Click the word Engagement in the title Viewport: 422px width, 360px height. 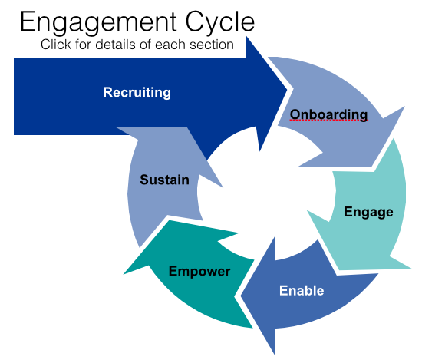pyautogui.click(x=98, y=23)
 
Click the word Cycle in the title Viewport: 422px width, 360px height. pyautogui.click(x=220, y=23)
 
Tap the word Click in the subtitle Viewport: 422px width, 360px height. pyautogui.click(x=56, y=45)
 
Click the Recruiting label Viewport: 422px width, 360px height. pyautogui.click(x=137, y=92)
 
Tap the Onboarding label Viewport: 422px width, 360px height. pyautogui.click(x=328, y=114)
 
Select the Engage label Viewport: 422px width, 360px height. pyautogui.click(x=368, y=212)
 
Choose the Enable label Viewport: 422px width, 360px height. pyautogui.click(x=302, y=290)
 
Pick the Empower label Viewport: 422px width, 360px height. pyautogui.click(x=199, y=272)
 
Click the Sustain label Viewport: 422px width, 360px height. pyautogui.click(x=164, y=180)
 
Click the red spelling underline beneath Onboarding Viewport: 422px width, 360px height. pyautogui.click(x=328, y=121)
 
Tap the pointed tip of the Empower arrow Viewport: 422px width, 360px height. pyautogui.click(x=124, y=274)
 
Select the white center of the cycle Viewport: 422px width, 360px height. pyautogui.click(x=265, y=193)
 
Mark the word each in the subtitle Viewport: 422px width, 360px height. pyautogui.click(x=170, y=45)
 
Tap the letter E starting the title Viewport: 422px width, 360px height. pyautogui.click(x=28, y=21)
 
